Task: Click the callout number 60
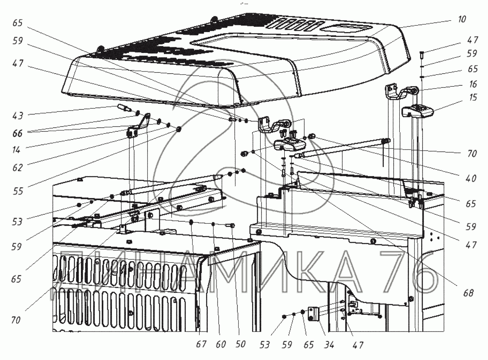coord(221,345)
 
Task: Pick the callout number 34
coord(329,345)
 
